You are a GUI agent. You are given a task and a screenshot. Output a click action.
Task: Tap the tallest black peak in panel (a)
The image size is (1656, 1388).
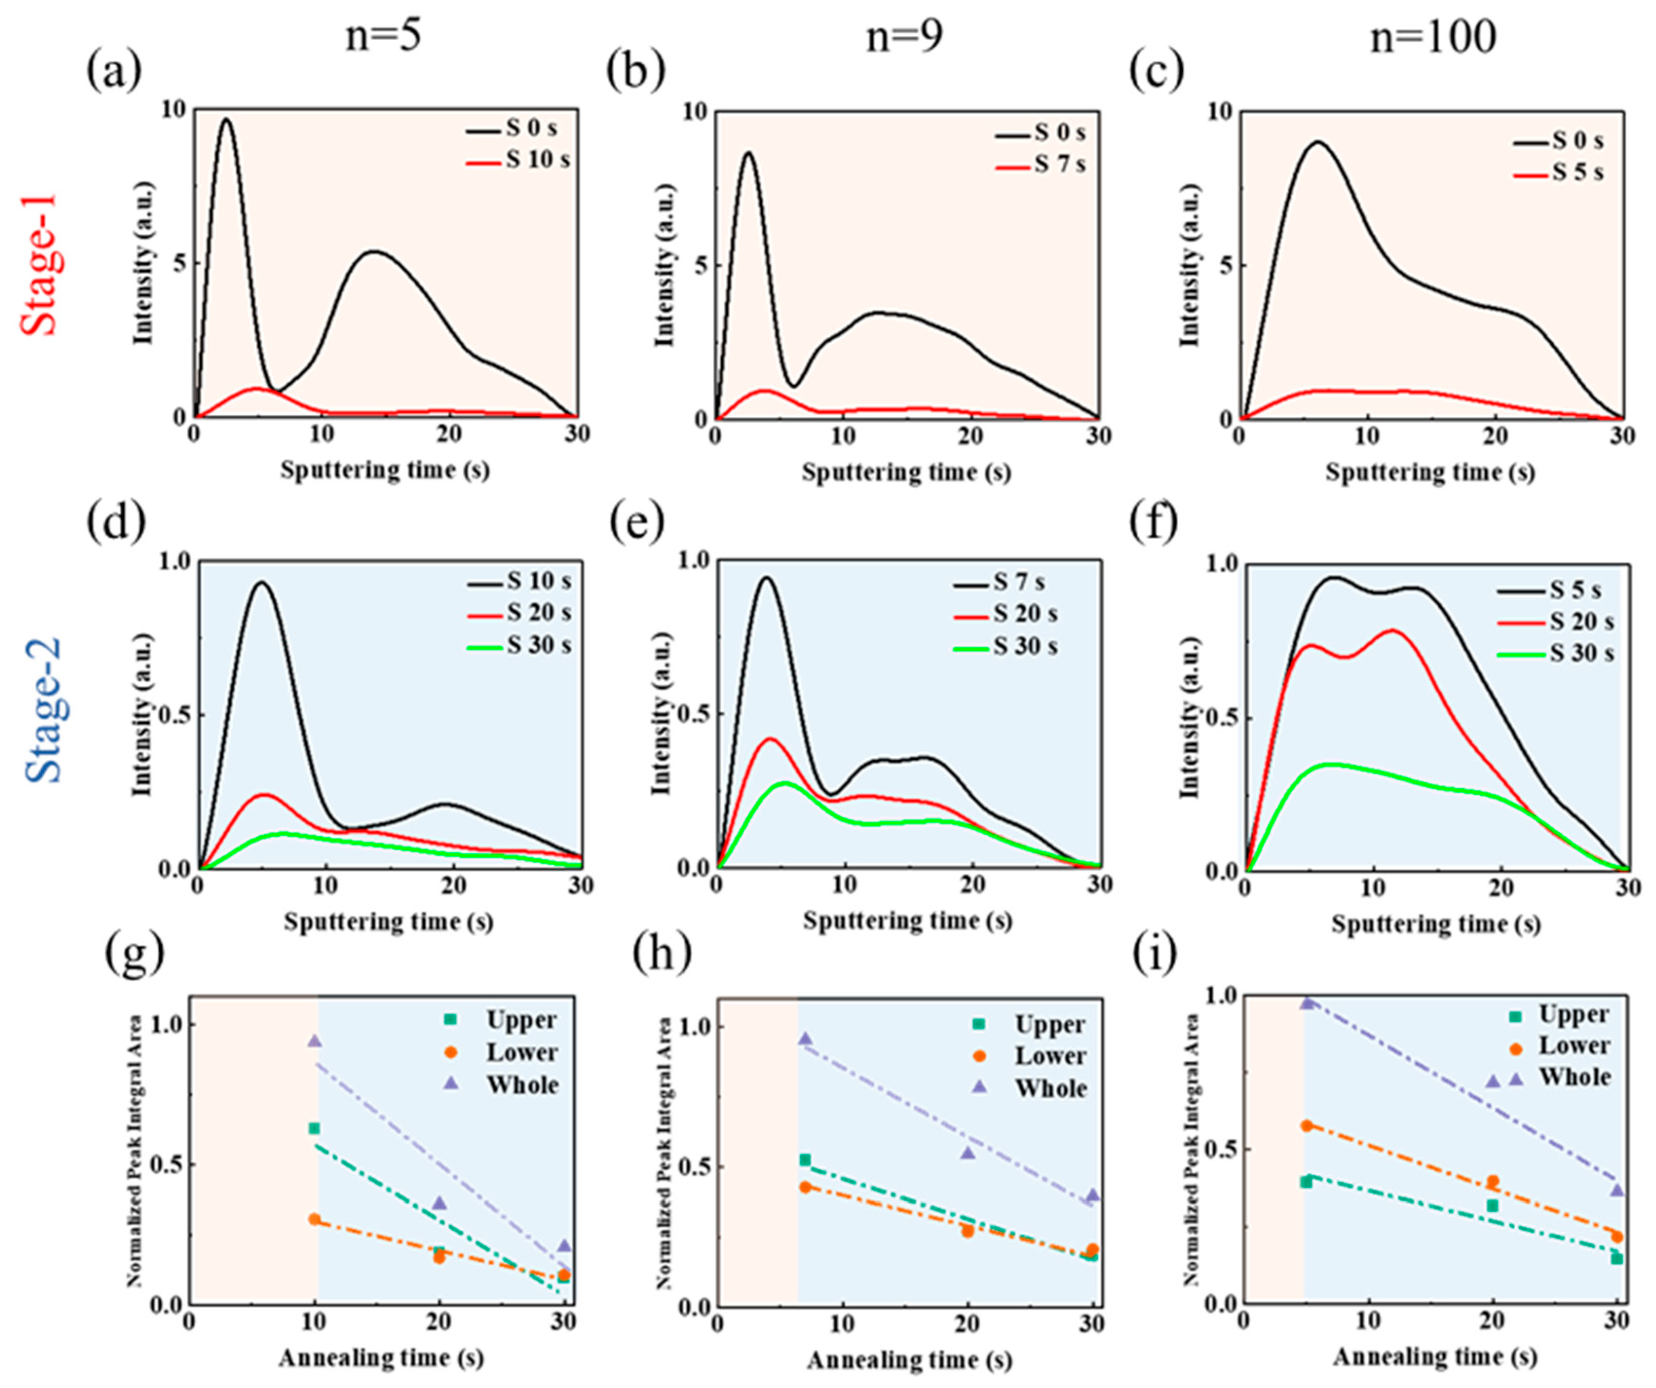(x=226, y=120)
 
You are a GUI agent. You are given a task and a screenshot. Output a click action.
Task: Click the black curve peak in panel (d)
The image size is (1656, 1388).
(x=261, y=583)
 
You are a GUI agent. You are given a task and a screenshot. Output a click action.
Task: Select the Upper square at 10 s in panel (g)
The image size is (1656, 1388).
(x=314, y=1128)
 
